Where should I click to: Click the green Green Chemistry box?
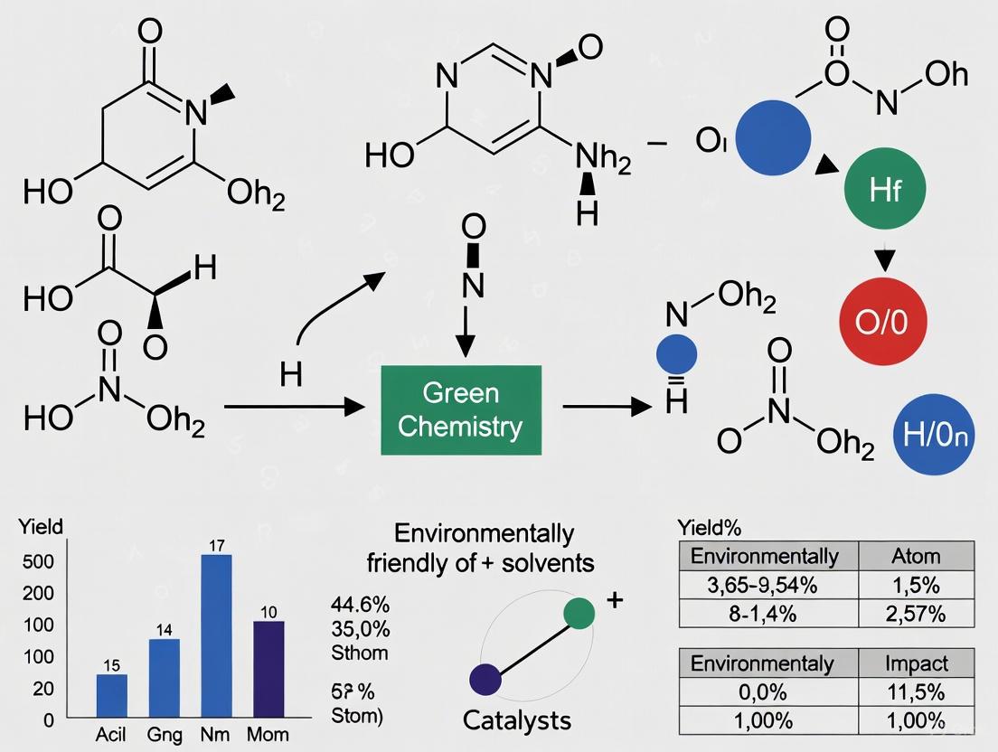460,409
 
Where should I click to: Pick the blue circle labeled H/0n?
933,435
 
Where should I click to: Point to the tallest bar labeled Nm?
215,636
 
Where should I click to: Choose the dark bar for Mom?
268,670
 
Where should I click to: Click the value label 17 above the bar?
216,544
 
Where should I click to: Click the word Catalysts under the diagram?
516,720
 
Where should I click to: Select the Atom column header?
916,556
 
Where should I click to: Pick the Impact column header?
916,663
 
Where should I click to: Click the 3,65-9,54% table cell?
767,585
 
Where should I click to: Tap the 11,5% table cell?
916,692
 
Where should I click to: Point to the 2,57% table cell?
916,614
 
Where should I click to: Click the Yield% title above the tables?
709,528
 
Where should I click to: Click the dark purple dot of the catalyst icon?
485,678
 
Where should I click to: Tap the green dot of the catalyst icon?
579,613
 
